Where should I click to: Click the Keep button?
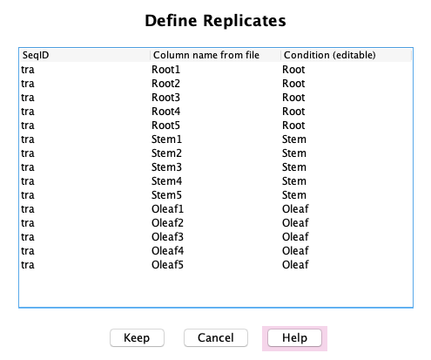click(x=137, y=337)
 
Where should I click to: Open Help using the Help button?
click(x=294, y=337)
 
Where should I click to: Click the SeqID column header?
click(x=36, y=55)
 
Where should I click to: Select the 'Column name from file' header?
click(x=206, y=55)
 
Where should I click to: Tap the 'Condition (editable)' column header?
click(x=329, y=55)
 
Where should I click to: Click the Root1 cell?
click(x=165, y=70)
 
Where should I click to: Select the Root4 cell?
click(x=165, y=112)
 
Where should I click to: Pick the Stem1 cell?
click(x=166, y=139)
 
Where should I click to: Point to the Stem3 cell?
click(x=166, y=167)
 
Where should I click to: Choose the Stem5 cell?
click(x=166, y=195)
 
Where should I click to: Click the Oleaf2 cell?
click(x=167, y=223)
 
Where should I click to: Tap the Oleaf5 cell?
click(x=167, y=265)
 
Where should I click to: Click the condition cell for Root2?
click(x=293, y=84)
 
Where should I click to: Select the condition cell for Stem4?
click(x=294, y=181)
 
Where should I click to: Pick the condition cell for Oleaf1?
click(x=295, y=209)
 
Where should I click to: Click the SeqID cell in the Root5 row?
click(x=28, y=126)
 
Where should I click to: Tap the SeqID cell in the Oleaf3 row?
click(x=28, y=237)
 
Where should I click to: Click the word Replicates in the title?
click(x=245, y=21)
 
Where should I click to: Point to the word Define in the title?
click(x=171, y=21)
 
